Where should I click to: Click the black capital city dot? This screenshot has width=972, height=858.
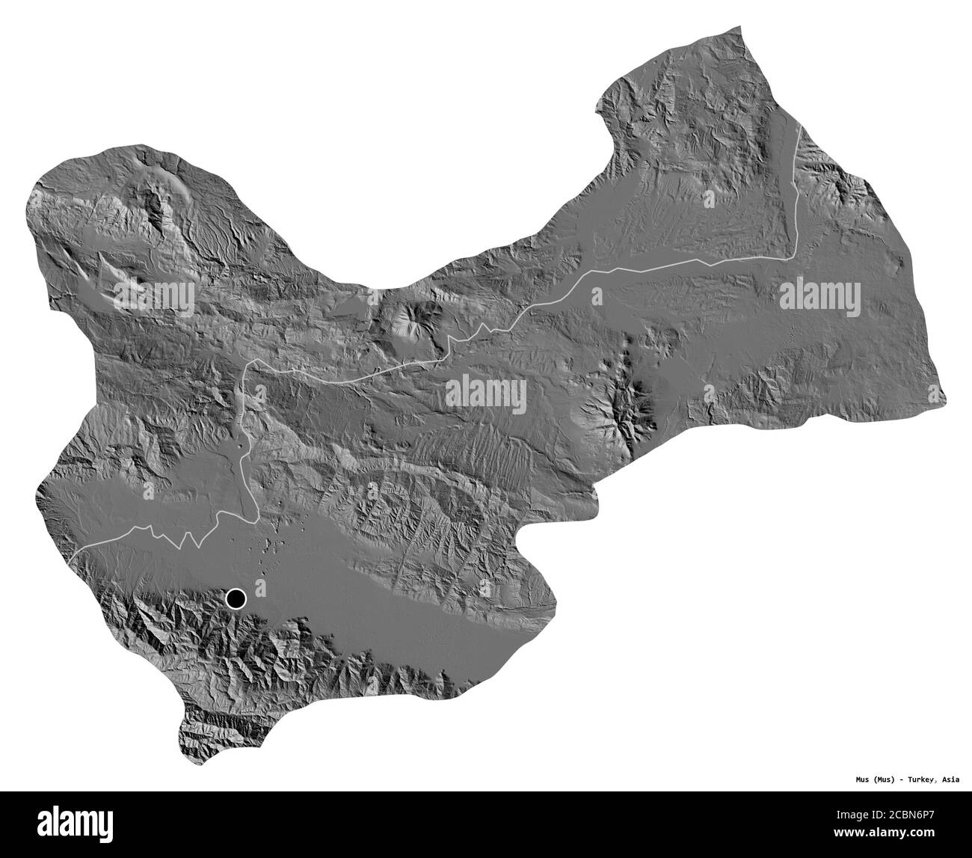[236, 598]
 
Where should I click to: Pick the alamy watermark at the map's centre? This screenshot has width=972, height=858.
[486, 393]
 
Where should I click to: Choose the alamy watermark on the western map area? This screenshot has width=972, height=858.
[154, 298]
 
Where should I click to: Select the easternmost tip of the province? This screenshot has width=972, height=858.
[945, 397]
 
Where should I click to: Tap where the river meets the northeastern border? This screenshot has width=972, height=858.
[801, 128]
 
